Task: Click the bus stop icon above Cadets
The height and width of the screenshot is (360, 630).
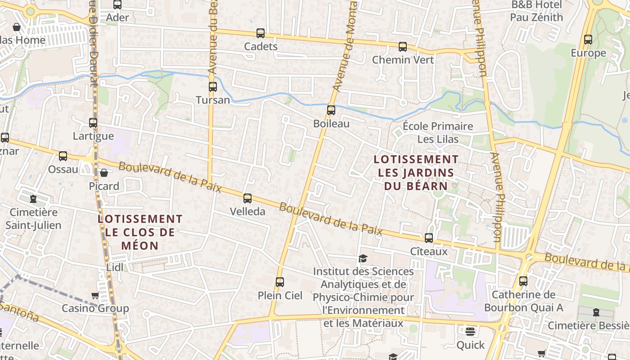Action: point(261,33)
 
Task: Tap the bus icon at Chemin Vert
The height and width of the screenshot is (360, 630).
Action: point(403,47)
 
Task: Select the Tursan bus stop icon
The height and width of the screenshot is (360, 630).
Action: point(213,87)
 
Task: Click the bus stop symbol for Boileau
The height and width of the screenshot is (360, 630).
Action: point(331,110)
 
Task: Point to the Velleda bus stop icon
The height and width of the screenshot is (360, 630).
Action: point(247,198)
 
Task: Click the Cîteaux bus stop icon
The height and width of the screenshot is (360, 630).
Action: point(429,238)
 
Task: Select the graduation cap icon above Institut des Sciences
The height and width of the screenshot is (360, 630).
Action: point(363,258)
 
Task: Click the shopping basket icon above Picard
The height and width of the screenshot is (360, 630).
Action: point(104,173)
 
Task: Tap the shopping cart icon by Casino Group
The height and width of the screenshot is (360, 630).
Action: point(95,296)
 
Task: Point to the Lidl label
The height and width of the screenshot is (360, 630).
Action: point(115,267)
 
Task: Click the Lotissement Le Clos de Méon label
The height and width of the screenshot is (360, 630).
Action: point(140,232)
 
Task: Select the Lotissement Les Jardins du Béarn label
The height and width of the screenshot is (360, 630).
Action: point(416,172)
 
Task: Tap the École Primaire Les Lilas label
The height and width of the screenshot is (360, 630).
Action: point(438,133)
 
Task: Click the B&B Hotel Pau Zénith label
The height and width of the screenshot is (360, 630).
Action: point(536,11)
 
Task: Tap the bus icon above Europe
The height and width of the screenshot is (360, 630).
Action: point(588,40)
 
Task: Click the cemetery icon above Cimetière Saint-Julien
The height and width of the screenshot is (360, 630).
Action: point(33,198)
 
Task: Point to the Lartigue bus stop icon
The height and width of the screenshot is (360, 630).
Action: point(93,123)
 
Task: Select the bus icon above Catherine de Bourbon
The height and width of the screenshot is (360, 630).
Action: point(523,282)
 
